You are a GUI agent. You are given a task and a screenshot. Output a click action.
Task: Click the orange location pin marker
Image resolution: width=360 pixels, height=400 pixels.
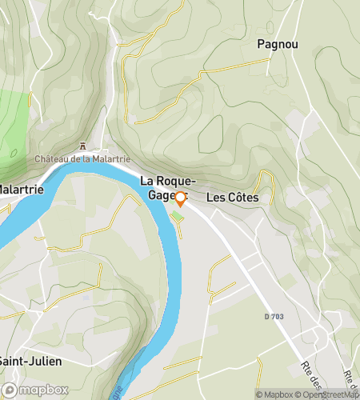pos(180,199)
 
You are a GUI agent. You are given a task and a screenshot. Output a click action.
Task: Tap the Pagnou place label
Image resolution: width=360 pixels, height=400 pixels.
pos(278,45)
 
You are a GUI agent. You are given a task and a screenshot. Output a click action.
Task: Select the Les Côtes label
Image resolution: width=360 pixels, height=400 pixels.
pos(232,197)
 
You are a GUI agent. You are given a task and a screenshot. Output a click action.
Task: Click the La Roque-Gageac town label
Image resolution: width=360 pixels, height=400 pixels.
pos(163,188)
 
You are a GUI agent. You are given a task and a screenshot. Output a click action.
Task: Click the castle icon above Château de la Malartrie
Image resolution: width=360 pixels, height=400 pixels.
pos(82,146)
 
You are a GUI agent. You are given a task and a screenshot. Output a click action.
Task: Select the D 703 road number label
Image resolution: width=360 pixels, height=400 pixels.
pos(274,318)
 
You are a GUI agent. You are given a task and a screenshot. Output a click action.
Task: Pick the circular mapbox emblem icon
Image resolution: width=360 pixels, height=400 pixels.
pos(10,390)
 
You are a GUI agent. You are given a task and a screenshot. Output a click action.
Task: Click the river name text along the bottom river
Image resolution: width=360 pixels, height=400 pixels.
pos(121,392)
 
